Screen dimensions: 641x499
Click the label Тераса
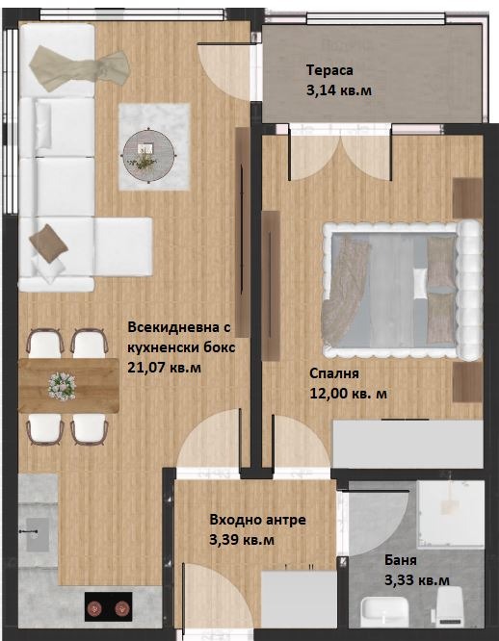(x=329, y=70)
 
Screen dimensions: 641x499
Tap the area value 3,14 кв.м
(x=339, y=90)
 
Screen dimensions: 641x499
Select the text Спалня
(x=334, y=374)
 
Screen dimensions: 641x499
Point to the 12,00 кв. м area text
(x=349, y=394)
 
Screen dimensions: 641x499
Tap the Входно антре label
(x=257, y=520)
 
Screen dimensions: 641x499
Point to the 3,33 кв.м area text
(x=416, y=579)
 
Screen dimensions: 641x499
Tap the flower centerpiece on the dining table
(x=62, y=386)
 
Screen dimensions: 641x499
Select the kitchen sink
(x=38, y=532)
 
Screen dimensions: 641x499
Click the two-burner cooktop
(x=109, y=607)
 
